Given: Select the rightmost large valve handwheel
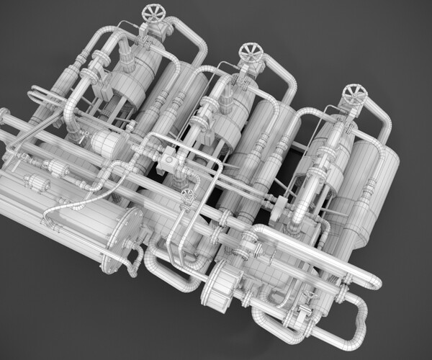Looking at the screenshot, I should [x=354, y=92].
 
